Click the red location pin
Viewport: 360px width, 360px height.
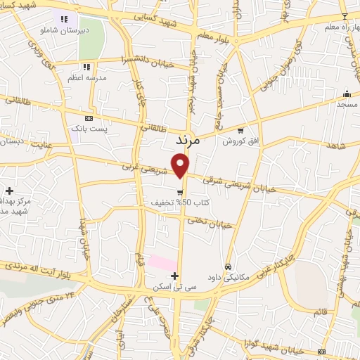pos(181,165)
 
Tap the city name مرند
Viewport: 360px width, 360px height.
pos(187,141)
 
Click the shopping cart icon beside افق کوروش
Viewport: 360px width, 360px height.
pos(241,130)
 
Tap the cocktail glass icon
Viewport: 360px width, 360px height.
pos(345,16)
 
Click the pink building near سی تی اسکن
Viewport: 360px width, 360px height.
pos(161,262)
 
